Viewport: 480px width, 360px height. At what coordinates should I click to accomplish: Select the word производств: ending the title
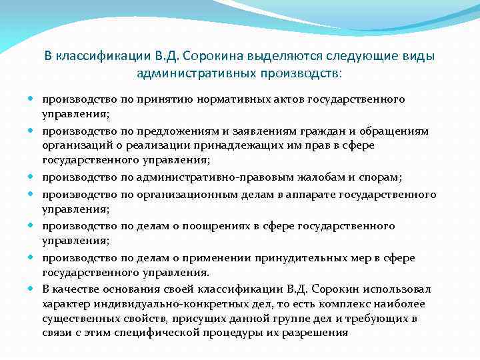click(x=304, y=71)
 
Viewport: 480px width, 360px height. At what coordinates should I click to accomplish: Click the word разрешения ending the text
click(x=325, y=333)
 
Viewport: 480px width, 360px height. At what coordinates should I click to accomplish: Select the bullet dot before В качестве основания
click(x=33, y=289)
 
